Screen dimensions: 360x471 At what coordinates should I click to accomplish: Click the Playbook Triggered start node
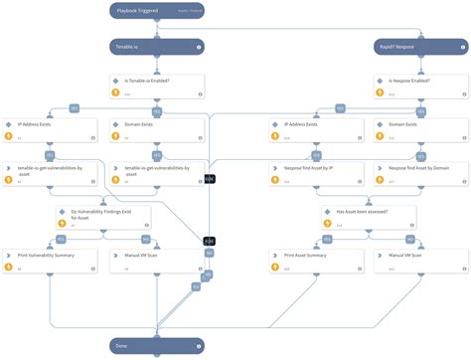[x=156, y=10]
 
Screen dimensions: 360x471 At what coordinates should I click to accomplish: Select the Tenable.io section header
[x=156, y=46]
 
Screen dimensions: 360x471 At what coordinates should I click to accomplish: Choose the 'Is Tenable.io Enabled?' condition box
[x=156, y=87]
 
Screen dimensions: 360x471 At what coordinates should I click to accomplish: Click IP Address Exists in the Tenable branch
[x=50, y=129]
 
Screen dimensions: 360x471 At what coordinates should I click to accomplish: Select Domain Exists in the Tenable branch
[x=156, y=129]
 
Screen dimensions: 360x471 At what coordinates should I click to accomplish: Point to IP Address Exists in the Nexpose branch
[x=316, y=129]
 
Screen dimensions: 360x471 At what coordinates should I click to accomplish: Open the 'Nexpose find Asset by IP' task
[x=316, y=173]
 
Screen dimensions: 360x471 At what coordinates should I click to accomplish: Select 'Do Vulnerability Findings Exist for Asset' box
[x=102, y=217]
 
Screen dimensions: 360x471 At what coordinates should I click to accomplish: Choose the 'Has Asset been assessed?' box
[x=368, y=217]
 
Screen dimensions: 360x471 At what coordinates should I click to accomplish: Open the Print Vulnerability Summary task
[x=50, y=261]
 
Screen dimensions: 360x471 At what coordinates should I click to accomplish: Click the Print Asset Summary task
[x=316, y=261]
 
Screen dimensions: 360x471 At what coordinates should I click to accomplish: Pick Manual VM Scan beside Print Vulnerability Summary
[x=156, y=261]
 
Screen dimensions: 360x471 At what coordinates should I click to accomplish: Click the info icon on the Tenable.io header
[x=200, y=46]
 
